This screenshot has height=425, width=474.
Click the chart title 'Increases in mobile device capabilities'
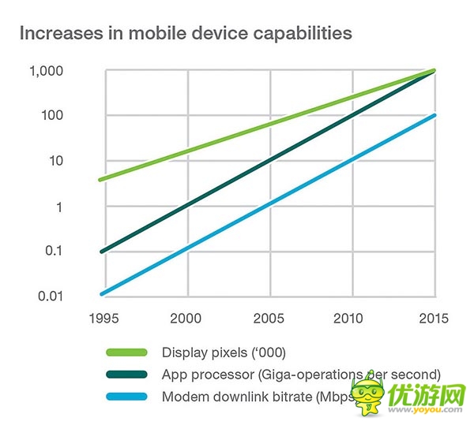(x=186, y=34)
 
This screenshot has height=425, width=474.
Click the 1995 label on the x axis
(x=106, y=319)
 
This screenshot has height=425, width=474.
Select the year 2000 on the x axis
(x=187, y=319)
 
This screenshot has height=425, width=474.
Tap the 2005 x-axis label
(x=270, y=319)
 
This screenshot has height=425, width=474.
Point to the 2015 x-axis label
(x=434, y=319)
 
